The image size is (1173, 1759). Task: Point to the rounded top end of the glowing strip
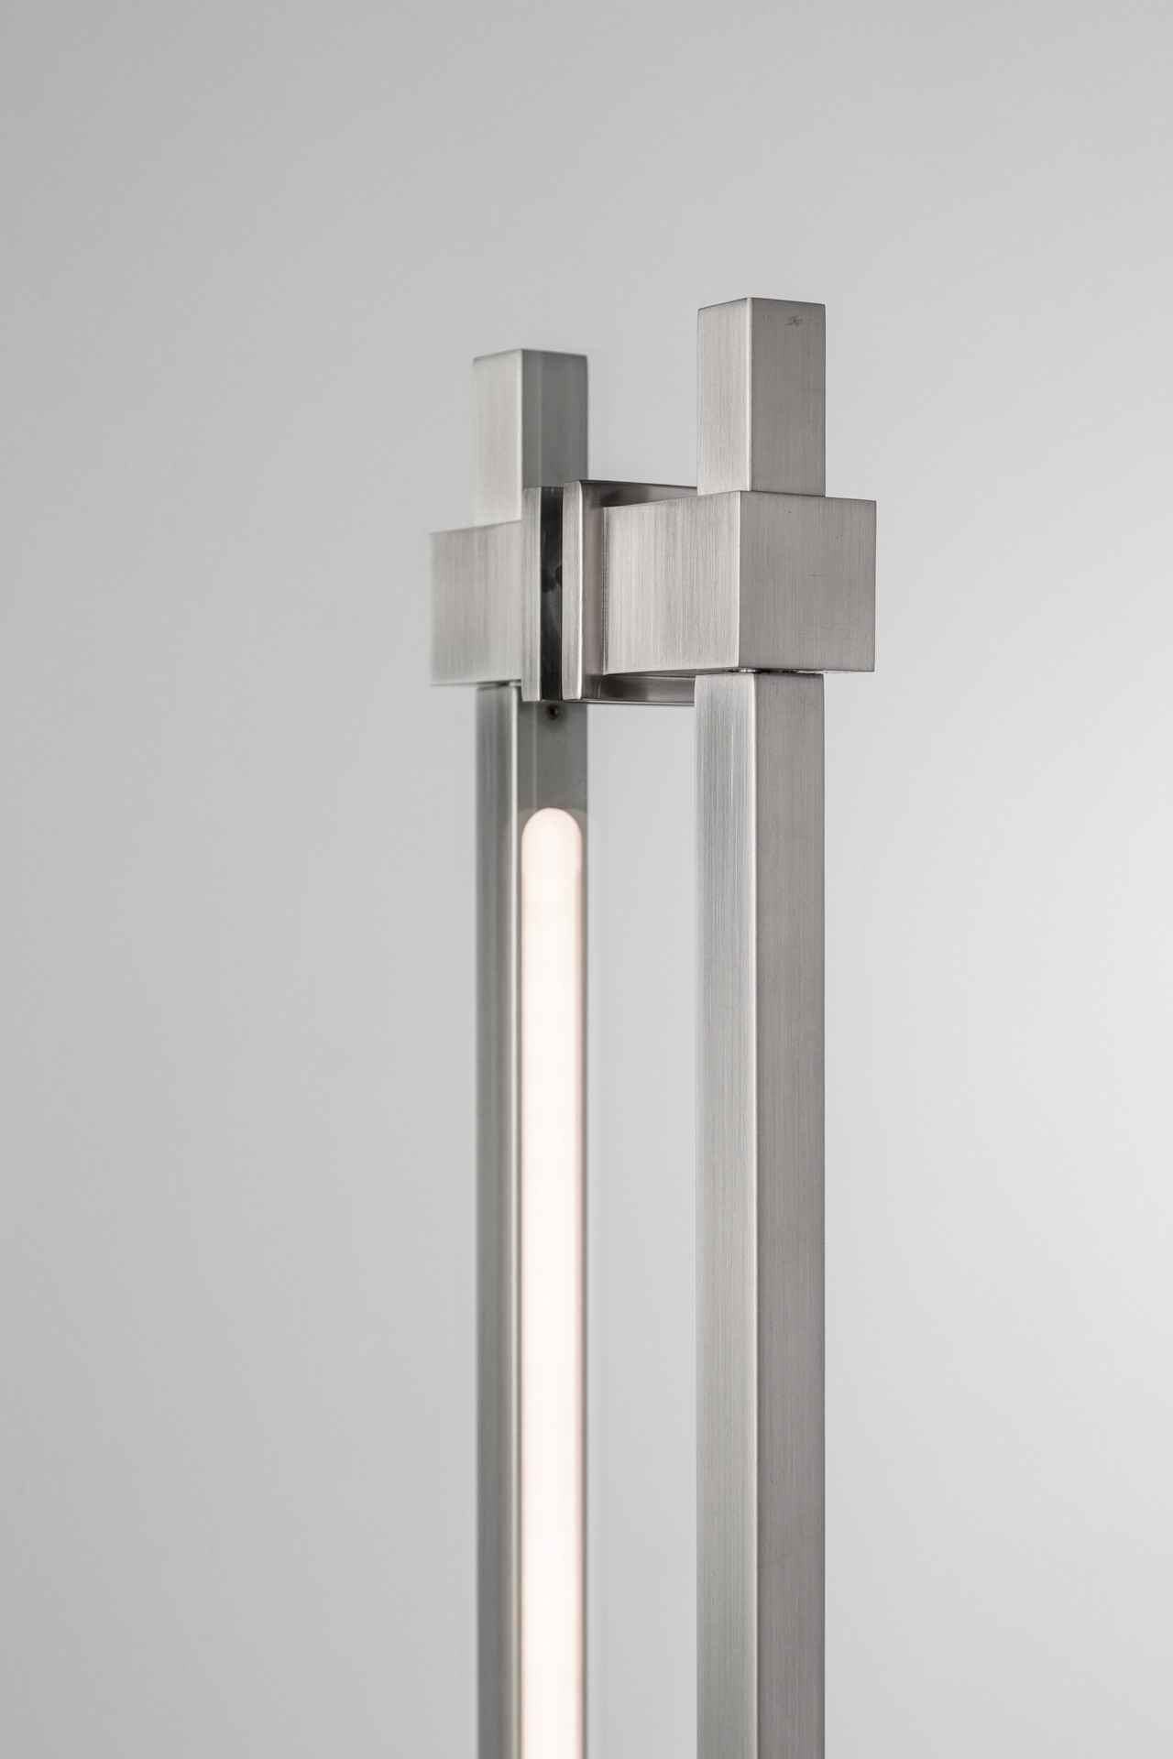554,821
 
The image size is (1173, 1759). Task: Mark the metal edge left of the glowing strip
499,1191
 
